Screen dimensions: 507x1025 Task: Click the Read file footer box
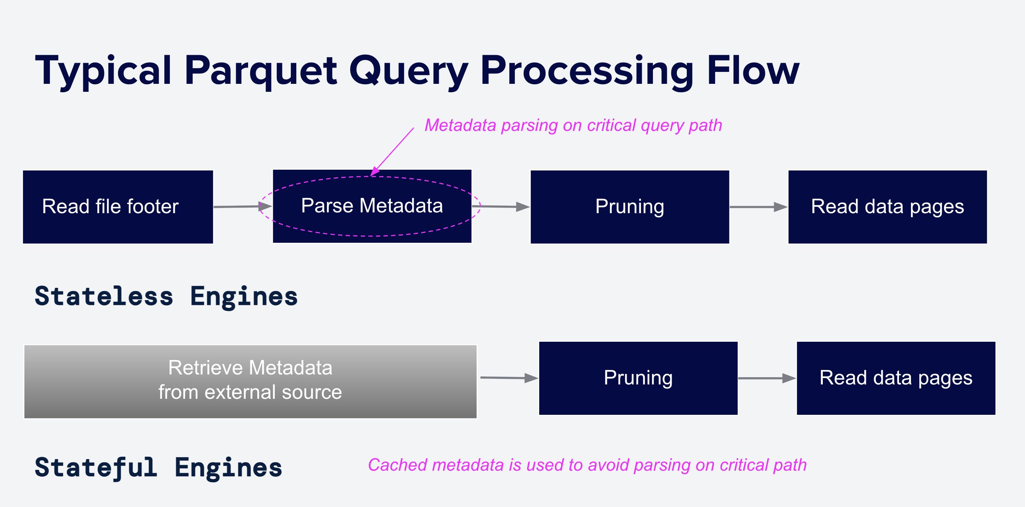tap(118, 207)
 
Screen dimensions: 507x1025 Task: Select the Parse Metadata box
tap(372, 206)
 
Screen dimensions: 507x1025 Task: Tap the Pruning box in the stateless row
tap(630, 207)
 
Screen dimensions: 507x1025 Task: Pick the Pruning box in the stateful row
tap(638, 378)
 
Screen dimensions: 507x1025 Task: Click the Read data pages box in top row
tap(887, 207)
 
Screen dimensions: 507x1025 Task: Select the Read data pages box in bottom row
tap(896, 378)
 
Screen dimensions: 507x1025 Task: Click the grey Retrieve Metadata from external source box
tap(250, 381)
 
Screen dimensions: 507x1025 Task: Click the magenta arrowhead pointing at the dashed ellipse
tap(375, 172)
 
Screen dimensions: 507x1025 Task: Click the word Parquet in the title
tap(261, 71)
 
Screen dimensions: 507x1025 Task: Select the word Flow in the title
tap(753, 71)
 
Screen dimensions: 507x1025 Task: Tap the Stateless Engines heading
tap(166, 297)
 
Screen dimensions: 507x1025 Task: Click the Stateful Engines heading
tap(158, 468)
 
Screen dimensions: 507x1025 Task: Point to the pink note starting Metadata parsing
tap(573, 125)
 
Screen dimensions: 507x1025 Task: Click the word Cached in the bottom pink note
tap(397, 465)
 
